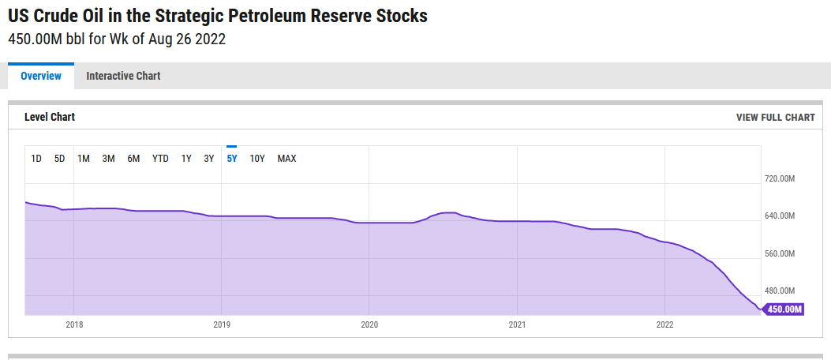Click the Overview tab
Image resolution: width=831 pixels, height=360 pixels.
click(41, 76)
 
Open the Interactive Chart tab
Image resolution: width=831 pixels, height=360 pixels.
click(123, 76)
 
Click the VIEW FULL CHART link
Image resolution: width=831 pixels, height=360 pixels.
click(775, 118)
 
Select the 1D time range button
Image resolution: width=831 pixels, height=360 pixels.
click(36, 159)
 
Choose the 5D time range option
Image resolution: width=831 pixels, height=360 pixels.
click(60, 159)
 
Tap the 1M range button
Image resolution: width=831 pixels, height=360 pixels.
click(84, 159)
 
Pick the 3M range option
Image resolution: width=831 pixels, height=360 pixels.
click(108, 159)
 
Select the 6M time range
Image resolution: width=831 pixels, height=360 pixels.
click(133, 159)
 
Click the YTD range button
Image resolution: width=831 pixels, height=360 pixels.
click(160, 159)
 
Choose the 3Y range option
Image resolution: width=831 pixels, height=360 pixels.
click(209, 159)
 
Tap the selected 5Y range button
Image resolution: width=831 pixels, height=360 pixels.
click(232, 159)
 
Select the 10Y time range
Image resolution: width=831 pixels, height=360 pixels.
click(257, 159)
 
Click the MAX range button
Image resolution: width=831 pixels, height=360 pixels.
click(286, 159)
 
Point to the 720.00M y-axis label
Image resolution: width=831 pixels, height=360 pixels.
click(779, 179)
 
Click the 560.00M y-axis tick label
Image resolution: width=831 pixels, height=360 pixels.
click(779, 254)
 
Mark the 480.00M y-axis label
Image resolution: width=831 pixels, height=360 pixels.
click(779, 291)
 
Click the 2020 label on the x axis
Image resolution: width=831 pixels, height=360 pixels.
click(369, 324)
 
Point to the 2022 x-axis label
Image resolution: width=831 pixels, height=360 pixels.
click(664, 324)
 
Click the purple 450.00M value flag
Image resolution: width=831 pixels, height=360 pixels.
click(784, 309)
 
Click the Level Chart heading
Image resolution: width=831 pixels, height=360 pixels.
click(50, 118)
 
